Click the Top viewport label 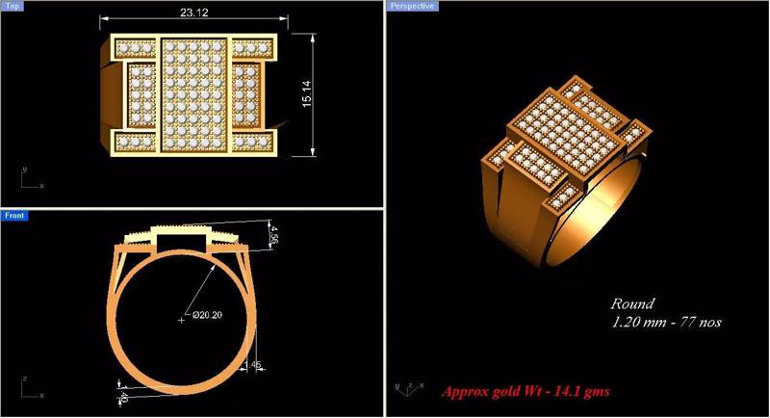(x=13, y=6)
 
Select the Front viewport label (x=14, y=216)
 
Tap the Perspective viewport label (x=413, y=6)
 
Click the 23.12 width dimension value (x=194, y=13)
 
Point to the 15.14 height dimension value (x=306, y=93)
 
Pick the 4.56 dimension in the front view (x=274, y=234)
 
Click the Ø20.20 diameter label (x=207, y=314)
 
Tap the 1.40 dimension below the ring (x=123, y=393)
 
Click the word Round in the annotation (x=632, y=303)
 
